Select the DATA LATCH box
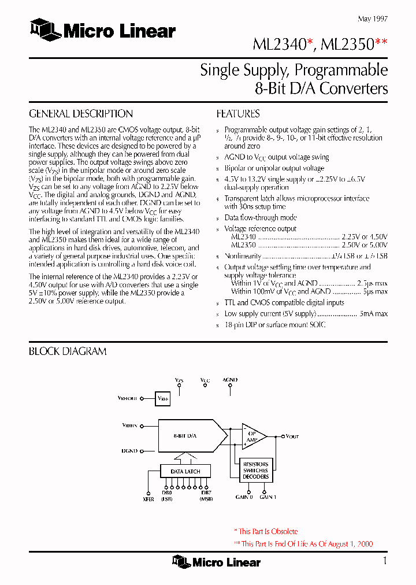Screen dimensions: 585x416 tap(185, 472)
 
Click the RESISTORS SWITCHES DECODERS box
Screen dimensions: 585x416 tap(255, 470)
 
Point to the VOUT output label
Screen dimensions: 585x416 tap(292, 437)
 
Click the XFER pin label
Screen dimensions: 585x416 tap(148, 499)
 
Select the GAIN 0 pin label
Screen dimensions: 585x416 tap(244, 497)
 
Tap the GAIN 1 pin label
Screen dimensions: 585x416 tap(268, 497)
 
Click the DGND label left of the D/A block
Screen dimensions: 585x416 tap(129, 450)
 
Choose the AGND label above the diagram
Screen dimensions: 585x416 tap(230, 380)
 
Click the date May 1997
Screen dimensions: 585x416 tap(373, 18)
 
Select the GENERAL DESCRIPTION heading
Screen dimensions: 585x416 tap(81, 114)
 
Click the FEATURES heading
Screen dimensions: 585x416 tap(238, 114)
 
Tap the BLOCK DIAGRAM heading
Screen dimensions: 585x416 tap(68, 351)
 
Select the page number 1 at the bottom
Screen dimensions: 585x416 tap(384, 561)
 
